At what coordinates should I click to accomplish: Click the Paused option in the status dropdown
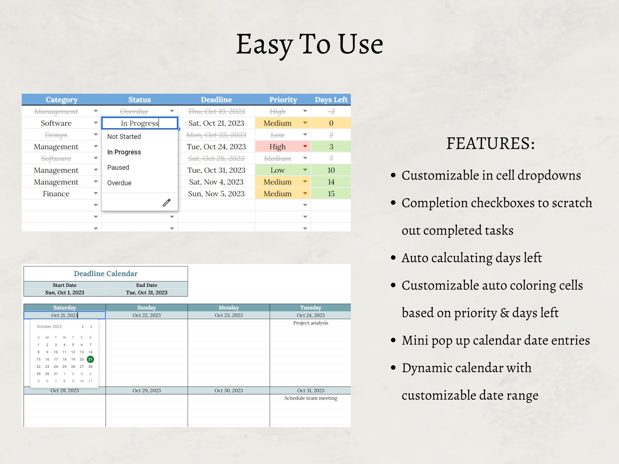click(118, 168)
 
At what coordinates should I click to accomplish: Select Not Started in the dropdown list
click(124, 137)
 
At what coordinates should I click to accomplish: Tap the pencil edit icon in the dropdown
click(166, 203)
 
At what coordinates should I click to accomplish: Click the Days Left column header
click(331, 100)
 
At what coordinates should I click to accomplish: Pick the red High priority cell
click(278, 147)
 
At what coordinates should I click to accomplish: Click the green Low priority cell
click(278, 170)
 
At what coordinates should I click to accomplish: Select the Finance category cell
click(56, 194)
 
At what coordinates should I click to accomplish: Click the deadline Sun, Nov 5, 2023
click(216, 194)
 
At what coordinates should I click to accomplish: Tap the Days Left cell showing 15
click(331, 194)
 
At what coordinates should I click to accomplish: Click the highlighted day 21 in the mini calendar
click(90, 359)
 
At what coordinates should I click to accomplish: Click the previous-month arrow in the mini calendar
click(83, 327)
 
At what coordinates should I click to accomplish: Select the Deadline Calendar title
click(106, 273)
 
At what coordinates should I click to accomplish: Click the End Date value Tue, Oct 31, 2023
click(147, 293)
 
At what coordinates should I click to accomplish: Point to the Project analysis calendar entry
click(311, 323)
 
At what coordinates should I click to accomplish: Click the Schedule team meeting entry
click(311, 398)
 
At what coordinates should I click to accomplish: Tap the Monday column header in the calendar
click(229, 307)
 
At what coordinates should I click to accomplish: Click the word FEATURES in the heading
click(490, 143)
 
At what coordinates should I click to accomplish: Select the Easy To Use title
click(309, 44)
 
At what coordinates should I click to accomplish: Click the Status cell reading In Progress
click(140, 123)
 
